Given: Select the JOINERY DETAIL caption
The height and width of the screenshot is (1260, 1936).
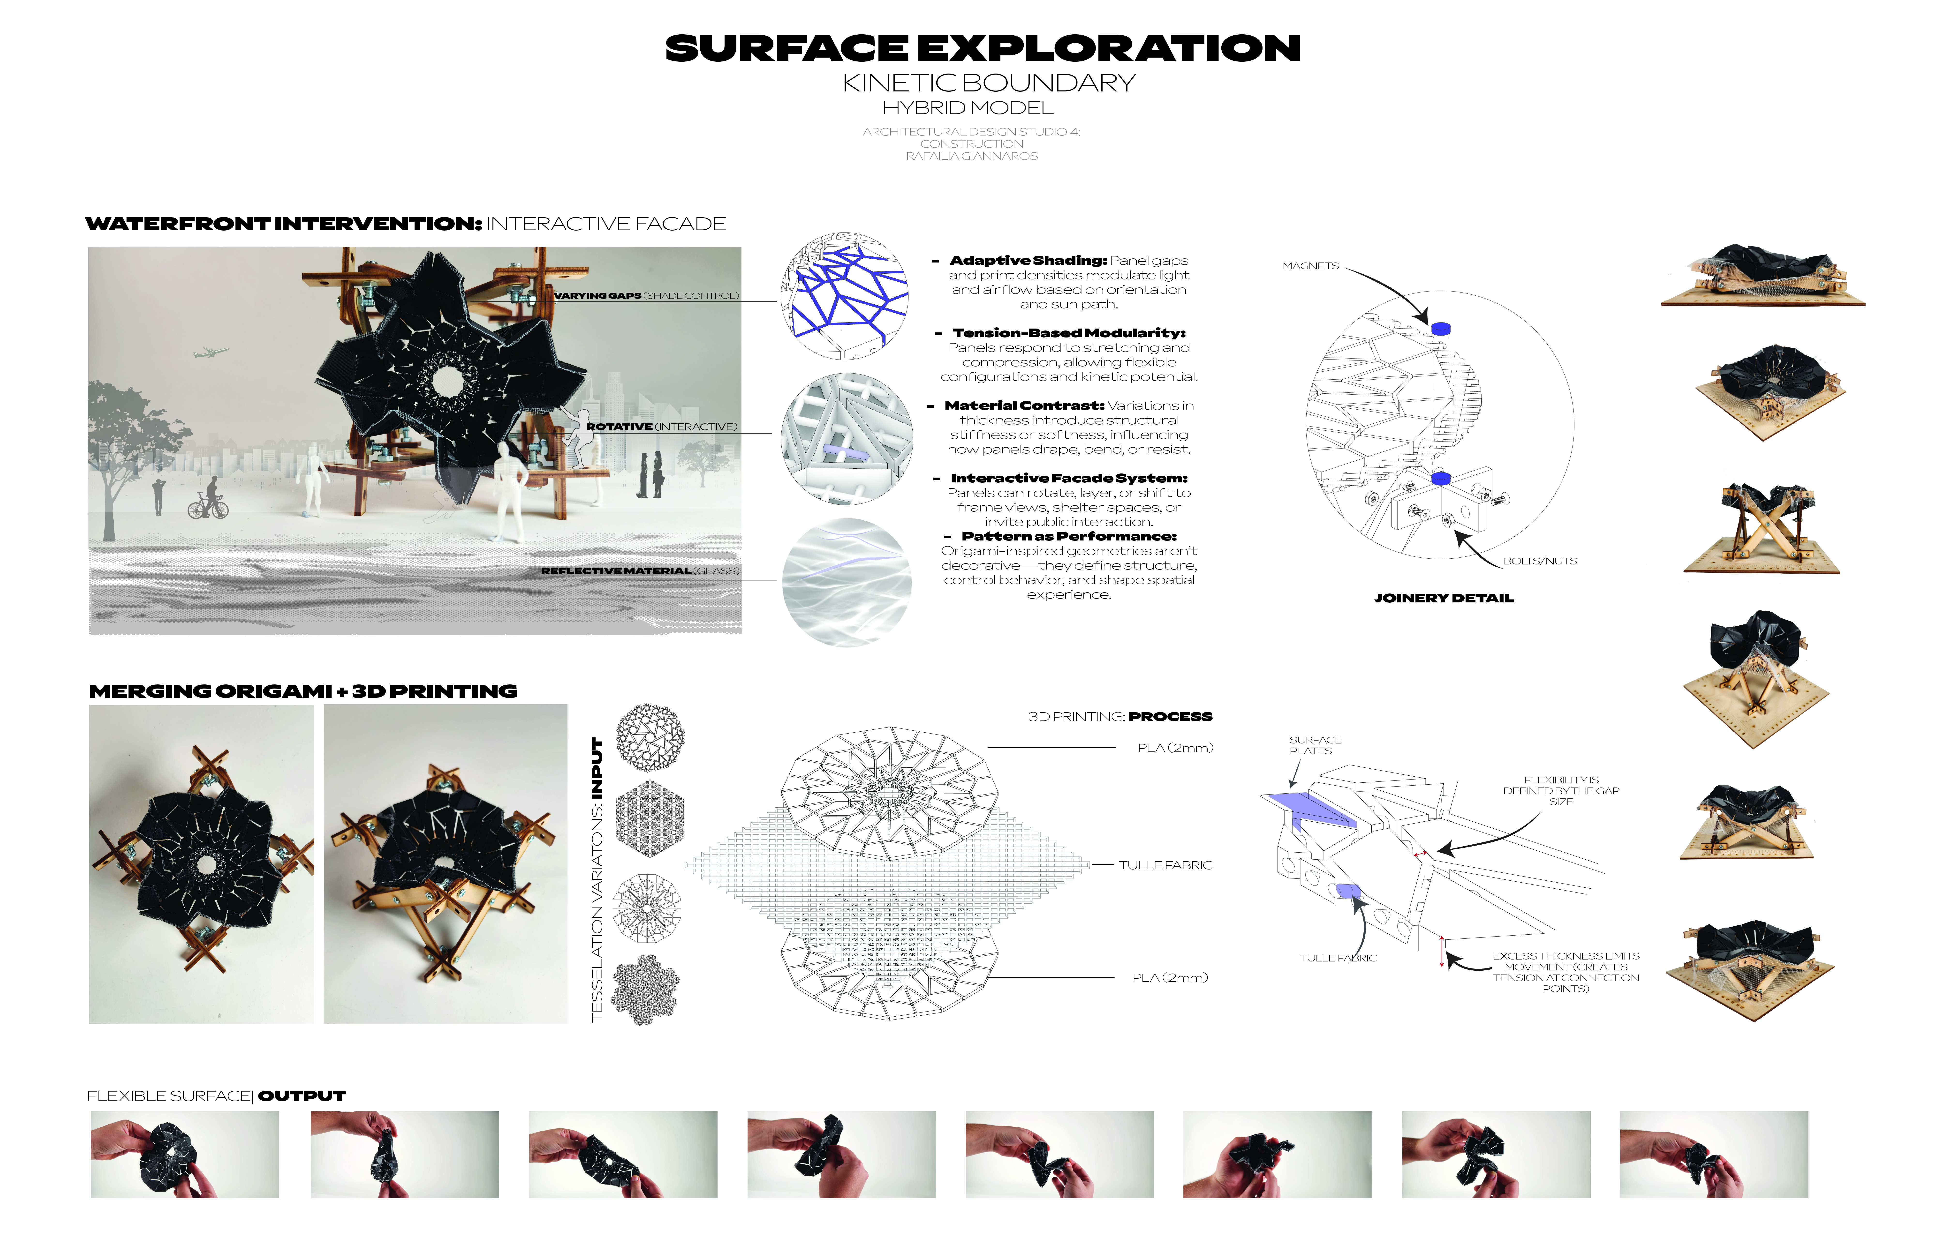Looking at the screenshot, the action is click(1444, 598).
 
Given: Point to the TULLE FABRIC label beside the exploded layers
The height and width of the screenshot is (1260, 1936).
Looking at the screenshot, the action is click(1165, 865).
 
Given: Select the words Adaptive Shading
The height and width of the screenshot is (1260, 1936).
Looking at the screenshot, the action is click(1028, 260).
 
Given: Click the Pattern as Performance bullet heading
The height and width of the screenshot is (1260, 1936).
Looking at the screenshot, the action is click(1068, 536).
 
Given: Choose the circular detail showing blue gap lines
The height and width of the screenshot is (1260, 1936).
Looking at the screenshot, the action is click(844, 296).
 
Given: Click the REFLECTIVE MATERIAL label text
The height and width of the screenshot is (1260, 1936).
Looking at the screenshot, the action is click(616, 571).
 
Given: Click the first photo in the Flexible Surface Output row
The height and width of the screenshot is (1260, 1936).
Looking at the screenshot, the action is click(185, 1154).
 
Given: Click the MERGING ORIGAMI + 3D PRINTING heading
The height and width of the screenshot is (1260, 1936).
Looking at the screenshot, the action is click(302, 691).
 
